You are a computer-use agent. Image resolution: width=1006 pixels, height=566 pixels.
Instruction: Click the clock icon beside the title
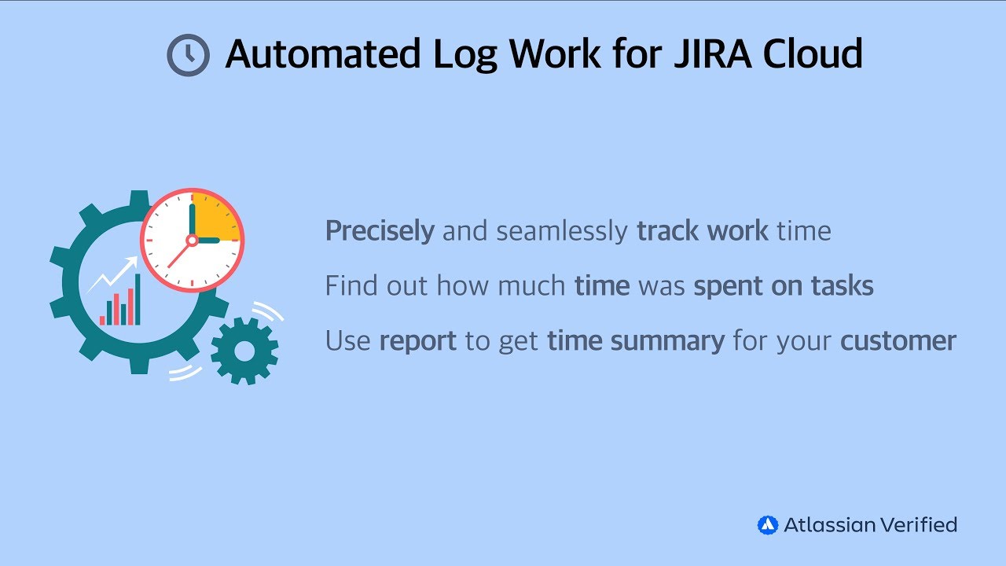(189, 55)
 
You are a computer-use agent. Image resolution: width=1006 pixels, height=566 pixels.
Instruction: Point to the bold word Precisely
(380, 231)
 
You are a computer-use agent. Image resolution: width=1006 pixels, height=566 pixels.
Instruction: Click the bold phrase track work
(703, 231)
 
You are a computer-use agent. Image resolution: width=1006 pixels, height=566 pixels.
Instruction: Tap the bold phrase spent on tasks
(784, 286)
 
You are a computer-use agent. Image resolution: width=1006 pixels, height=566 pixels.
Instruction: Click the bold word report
(417, 341)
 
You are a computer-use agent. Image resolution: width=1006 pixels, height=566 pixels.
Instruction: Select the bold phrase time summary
(636, 341)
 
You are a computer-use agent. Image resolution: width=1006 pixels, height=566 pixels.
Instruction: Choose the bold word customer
(898, 341)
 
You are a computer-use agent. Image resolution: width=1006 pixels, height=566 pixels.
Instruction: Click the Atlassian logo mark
(767, 525)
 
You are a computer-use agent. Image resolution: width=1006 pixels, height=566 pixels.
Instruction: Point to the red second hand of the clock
(178, 255)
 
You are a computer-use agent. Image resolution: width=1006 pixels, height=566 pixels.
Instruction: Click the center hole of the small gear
(244, 351)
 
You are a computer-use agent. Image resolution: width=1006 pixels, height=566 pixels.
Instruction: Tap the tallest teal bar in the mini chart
(138, 300)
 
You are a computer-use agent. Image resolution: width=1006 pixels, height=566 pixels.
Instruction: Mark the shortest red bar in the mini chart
(102, 320)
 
